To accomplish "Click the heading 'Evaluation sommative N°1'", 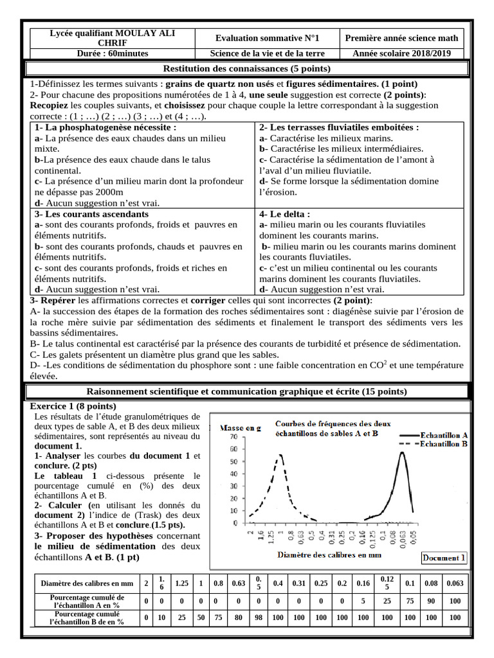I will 267,39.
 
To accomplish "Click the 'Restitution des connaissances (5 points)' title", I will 247,69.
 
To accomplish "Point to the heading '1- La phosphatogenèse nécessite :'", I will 105,127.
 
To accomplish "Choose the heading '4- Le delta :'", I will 285,214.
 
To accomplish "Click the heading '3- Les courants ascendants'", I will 91,214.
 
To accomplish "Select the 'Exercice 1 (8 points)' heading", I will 73,406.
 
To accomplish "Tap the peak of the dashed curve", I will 280,455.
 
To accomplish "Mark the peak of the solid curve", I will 403,452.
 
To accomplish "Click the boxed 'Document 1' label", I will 444,558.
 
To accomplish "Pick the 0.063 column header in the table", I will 455,583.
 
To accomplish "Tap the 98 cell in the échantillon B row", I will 258,618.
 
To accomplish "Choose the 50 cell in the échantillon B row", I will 201,618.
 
